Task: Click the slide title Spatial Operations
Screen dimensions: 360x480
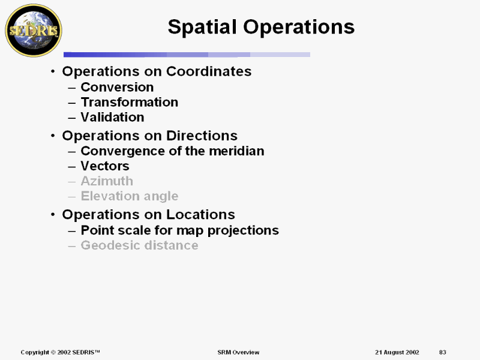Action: (261, 27)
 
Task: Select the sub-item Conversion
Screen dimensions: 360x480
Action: (117, 87)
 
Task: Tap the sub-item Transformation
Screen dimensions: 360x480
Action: (129, 102)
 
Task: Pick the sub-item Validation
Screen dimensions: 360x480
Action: (112, 117)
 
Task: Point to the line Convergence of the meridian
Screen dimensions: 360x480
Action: (172, 151)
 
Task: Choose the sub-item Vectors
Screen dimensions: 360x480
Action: (105, 166)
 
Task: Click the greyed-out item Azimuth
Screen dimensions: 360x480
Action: (107, 181)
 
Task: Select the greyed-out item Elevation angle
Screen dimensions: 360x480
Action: (129, 196)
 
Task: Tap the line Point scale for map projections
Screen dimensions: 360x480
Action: (179, 230)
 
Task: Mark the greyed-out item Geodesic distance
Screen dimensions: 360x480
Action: (139, 245)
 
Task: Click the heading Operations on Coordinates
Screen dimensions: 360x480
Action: (157, 71)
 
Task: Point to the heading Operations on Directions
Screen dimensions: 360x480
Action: (149, 136)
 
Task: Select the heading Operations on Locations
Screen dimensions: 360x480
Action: (148, 215)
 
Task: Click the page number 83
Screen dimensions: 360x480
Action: (443, 352)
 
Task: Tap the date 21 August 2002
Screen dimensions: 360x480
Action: (397, 352)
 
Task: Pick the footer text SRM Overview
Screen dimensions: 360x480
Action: (238, 352)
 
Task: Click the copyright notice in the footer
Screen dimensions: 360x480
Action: (60, 352)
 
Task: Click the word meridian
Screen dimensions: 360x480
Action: (240, 151)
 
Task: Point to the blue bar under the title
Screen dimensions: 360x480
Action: (187, 55)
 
